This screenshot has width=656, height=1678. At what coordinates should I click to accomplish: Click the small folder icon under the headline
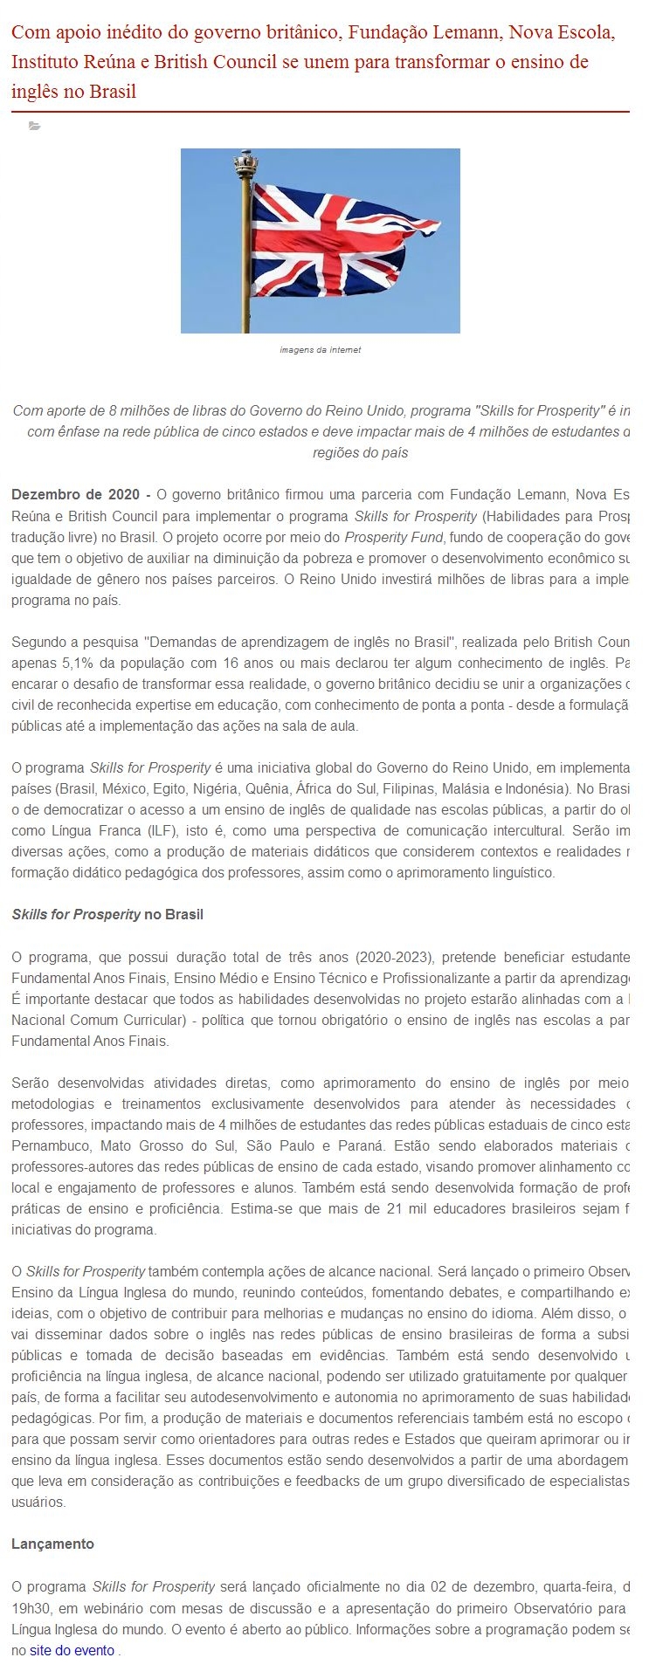[34, 127]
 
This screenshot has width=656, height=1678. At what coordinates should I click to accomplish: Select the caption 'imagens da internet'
[320, 350]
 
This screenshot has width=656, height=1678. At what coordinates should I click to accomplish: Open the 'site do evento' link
[73, 1650]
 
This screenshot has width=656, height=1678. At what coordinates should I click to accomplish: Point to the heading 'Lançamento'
[52, 1544]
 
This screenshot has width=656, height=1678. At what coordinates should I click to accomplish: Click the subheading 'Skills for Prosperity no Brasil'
[107, 914]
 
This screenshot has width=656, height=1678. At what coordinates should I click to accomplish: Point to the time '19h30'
[32, 1607]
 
